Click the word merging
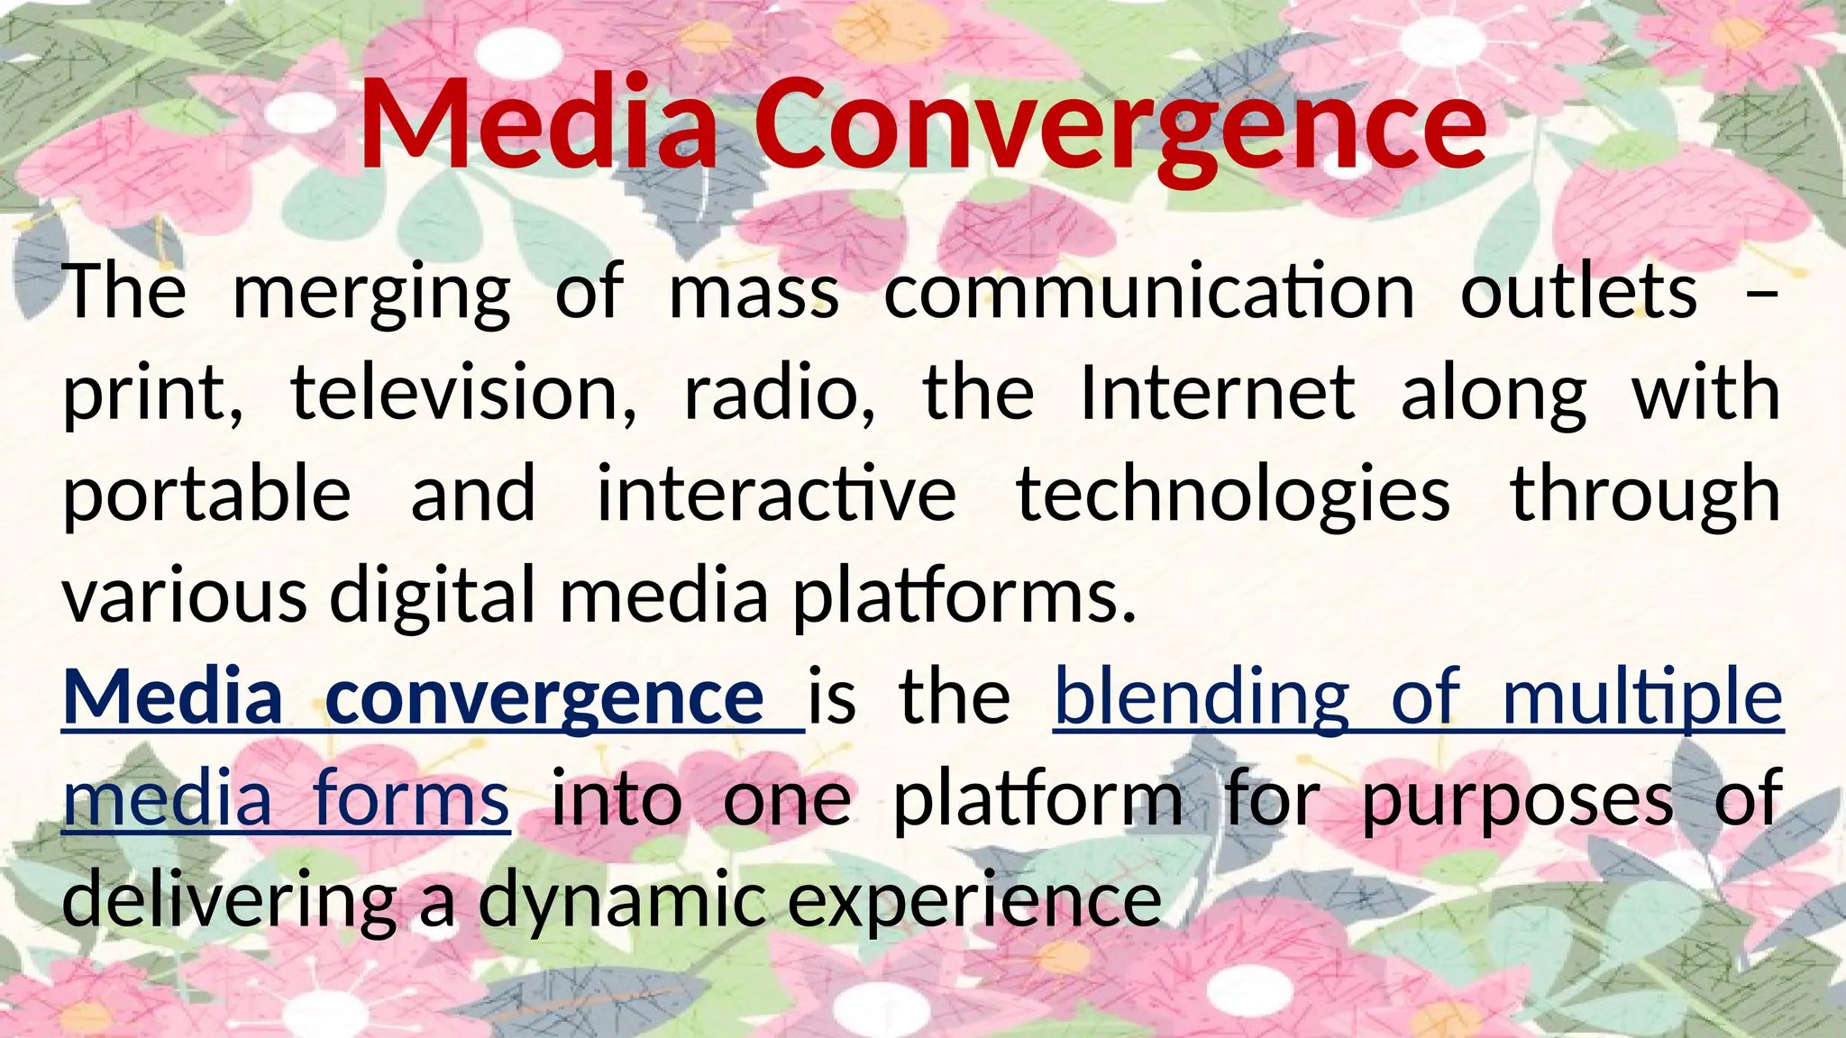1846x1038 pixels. tap(371, 294)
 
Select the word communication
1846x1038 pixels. tap(1149, 292)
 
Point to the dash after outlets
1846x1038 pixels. tap(1762, 294)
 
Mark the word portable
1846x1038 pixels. tap(206, 496)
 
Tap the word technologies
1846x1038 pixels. tap(1233, 496)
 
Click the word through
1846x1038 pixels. tap(1646, 496)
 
